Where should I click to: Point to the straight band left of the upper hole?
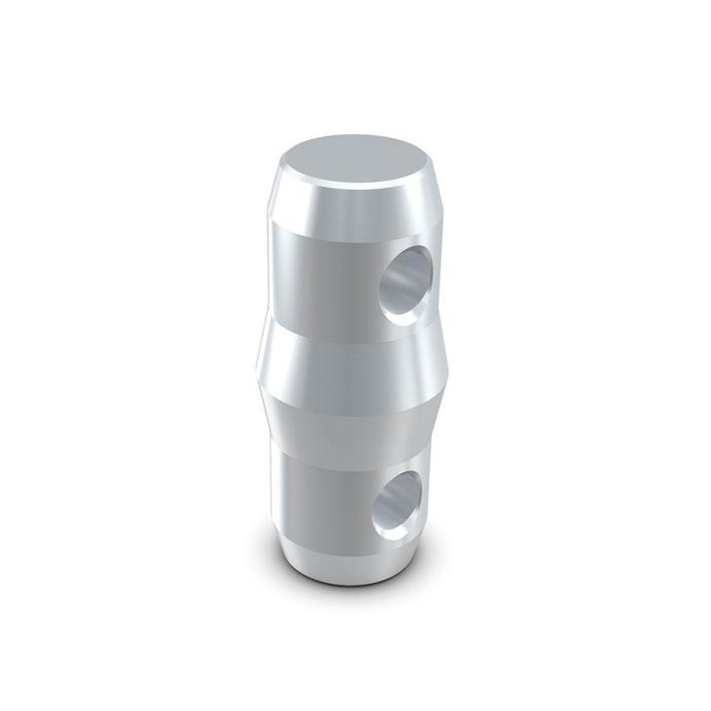click(316, 276)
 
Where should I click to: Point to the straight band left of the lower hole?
click(316, 494)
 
